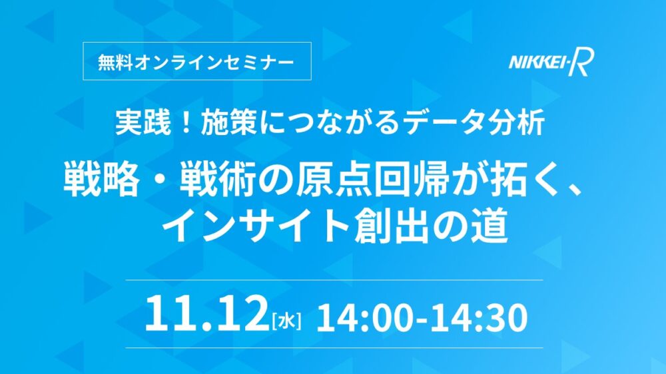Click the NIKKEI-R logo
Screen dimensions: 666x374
pyautogui.click(x=551, y=62)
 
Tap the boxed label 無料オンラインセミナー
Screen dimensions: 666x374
pyautogui.click(x=197, y=61)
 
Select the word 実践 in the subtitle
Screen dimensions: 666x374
pyautogui.click(x=143, y=123)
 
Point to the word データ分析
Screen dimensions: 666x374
pyautogui.click(x=474, y=123)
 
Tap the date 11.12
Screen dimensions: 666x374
pyautogui.click(x=206, y=314)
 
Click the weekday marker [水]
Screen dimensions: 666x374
pyautogui.click(x=286, y=321)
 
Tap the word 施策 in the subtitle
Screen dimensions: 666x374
pyautogui.click(x=228, y=123)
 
